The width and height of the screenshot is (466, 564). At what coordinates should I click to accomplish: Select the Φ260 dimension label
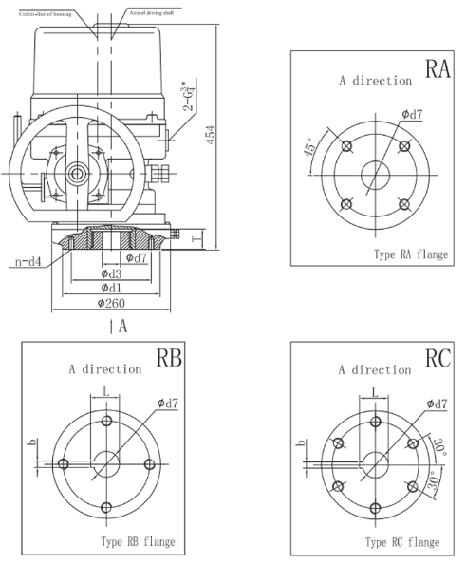tap(114, 303)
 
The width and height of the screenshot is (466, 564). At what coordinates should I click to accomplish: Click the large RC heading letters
tap(439, 358)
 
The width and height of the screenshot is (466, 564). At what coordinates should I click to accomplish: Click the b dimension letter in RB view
tap(31, 442)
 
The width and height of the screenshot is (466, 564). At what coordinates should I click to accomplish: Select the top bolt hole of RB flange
tap(106, 422)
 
